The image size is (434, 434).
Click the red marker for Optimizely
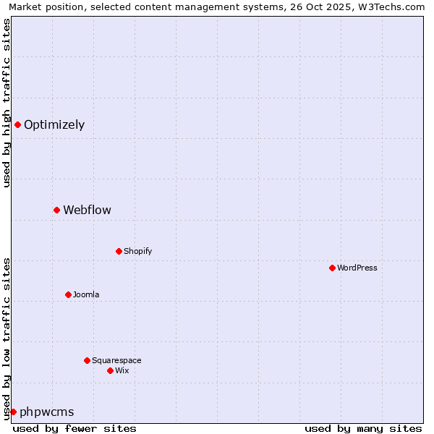click(17, 124)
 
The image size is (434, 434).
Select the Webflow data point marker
click(56, 210)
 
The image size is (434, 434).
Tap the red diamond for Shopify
click(119, 251)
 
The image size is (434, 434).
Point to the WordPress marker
click(332, 268)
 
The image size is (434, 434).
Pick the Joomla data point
click(68, 294)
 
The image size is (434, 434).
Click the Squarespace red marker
click(87, 360)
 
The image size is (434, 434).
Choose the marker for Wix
click(110, 370)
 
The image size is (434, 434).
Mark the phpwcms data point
click(13, 412)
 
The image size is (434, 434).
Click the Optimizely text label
click(54, 124)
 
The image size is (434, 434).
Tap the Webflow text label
click(87, 210)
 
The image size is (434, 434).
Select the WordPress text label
click(357, 268)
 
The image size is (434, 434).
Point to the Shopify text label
click(137, 251)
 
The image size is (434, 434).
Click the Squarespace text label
click(116, 360)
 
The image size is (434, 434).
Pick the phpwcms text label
click(46, 412)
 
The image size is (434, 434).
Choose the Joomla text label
click(86, 294)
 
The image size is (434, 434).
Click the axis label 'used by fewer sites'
click(75, 428)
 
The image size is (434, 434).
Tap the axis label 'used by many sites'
click(363, 428)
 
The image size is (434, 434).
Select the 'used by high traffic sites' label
click(7, 103)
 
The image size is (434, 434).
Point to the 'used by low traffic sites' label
click(7, 339)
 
